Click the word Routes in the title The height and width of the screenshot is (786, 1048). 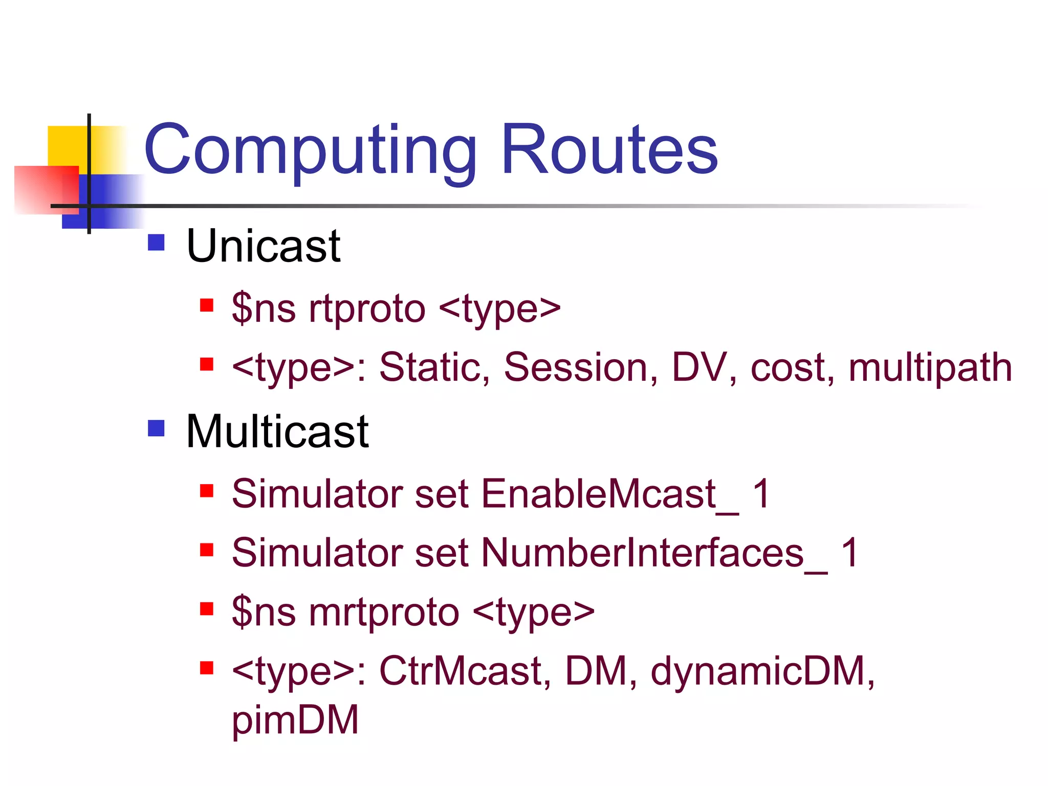[x=609, y=150]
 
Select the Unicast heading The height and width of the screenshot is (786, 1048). [x=263, y=246]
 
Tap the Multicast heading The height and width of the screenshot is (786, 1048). [x=277, y=431]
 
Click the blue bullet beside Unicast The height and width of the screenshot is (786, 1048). [x=156, y=242]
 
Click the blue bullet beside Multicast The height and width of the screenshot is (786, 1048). [x=156, y=428]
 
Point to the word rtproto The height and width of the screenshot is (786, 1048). [x=367, y=309]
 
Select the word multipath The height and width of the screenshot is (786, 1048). [x=930, y=367]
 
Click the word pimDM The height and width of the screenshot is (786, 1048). [x=295, y=719]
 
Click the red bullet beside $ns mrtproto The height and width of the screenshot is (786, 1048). [x=206, y=609]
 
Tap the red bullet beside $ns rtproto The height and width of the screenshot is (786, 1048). [x=206, y=305]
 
